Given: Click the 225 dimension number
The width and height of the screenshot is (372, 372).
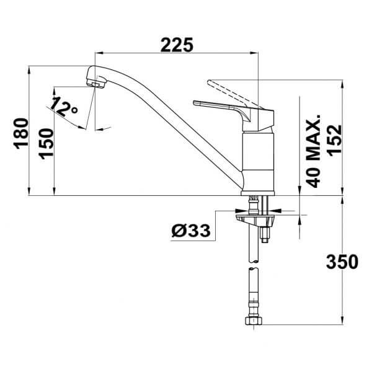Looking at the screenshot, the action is [x=177, y=45].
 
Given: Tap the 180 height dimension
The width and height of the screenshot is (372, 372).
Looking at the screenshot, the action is [x=22, y=133].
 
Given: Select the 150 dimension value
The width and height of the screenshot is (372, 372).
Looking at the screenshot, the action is [x=46, y=144].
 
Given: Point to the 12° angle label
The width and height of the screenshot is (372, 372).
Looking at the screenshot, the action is [x=64, y=107].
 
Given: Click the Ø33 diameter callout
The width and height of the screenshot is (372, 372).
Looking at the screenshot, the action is [x=191, y=231].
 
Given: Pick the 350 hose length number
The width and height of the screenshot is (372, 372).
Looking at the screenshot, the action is [x=342, y=262].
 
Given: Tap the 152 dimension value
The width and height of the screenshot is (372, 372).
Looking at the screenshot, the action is [x=335, y=141].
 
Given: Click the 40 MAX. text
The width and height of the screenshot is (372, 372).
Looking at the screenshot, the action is [x=313, y=151].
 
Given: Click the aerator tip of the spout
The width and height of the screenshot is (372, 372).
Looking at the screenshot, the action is [x=96, y=84].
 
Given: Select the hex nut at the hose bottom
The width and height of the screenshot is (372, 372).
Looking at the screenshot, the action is [x=254, y=321].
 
